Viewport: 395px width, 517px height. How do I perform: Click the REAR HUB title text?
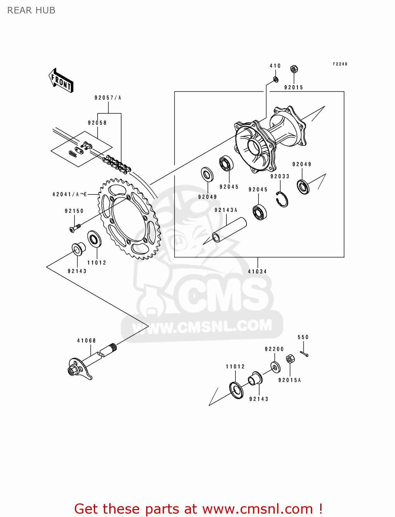click(x=31, y=10)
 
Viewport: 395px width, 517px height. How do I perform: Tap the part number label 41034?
click(x=257, y=272)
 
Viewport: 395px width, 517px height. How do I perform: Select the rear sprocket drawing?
click(x=129, y=219)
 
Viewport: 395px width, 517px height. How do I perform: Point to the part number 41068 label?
click(x=86, y=341)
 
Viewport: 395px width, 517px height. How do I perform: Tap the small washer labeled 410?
click(x=275, y=80)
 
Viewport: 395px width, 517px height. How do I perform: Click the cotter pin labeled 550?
click(x=304, y=354)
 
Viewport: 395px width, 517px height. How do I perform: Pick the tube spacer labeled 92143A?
click(x=229, y=230)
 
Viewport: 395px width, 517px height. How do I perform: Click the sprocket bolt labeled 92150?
click(x=74, y=228)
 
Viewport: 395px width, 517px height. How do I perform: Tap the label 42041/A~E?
click(x=70, y=194)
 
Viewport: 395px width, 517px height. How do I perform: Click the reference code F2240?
click(x=340, y=64)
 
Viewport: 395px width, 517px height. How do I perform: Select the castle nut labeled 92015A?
click(x=290, y=359)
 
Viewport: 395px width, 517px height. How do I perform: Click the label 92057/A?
click(x=108, y=98)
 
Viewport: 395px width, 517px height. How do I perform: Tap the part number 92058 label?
click(x=97, y=123)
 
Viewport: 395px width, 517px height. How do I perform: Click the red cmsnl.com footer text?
click(x=198, y=509)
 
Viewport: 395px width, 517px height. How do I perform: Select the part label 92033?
click(x=280, y=176)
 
